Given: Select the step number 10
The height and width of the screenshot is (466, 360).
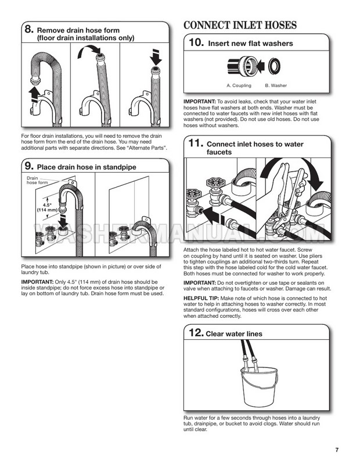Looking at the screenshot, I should (197, 43).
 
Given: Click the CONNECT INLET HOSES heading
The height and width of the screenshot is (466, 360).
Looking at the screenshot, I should (240, 25).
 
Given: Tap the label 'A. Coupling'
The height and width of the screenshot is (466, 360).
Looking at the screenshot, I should (239, 85).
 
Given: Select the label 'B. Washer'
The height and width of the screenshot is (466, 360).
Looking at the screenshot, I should (276, 85).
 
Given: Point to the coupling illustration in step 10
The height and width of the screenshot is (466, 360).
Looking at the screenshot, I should (240, 67).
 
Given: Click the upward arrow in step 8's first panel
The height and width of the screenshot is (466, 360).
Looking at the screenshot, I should (36, 93).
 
